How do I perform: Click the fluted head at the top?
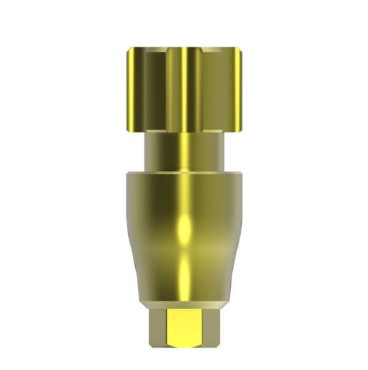click(x=184, y=90)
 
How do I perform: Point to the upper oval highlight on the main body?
click(x=184, y=228)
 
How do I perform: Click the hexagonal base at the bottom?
click(x=184, y=327)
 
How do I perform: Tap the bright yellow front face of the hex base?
click(x=184, y=328)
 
